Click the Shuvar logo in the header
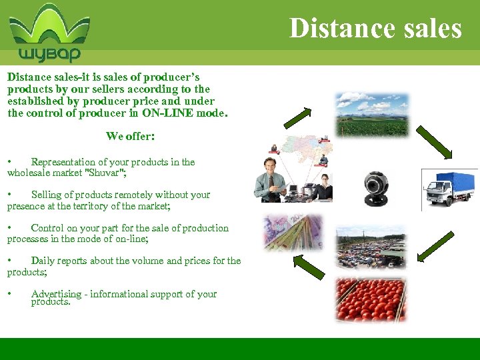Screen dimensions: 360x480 (x=50, y=33)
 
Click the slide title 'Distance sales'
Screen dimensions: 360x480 (x=375, y=29)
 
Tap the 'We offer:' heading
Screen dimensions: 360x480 (x=130, y=136)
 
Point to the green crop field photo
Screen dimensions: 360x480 (x=372, y=114)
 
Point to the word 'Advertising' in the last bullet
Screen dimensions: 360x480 (x=57, y=294)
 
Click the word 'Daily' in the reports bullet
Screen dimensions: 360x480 (x=43, y=261)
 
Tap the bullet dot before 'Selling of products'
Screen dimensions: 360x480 (x=9, y=195)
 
